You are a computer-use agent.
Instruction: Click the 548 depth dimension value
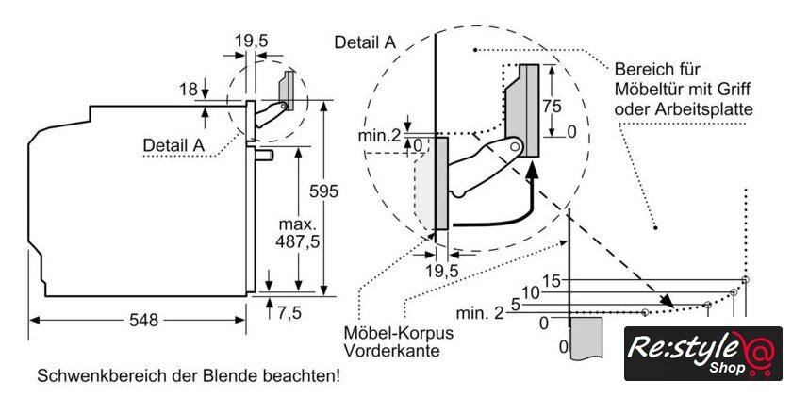(144, 320)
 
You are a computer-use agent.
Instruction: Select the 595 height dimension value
(323, 191)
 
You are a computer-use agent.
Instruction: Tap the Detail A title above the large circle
(364, 41)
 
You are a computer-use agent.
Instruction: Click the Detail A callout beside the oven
(173, 144)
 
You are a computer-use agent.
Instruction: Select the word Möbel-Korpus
(397, 334)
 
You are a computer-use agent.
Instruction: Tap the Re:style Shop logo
(703, 354)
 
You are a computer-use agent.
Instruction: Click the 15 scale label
(552, 280)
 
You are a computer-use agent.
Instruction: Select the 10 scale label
(531, 292)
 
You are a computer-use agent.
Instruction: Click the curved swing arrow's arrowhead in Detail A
(534, 171)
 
